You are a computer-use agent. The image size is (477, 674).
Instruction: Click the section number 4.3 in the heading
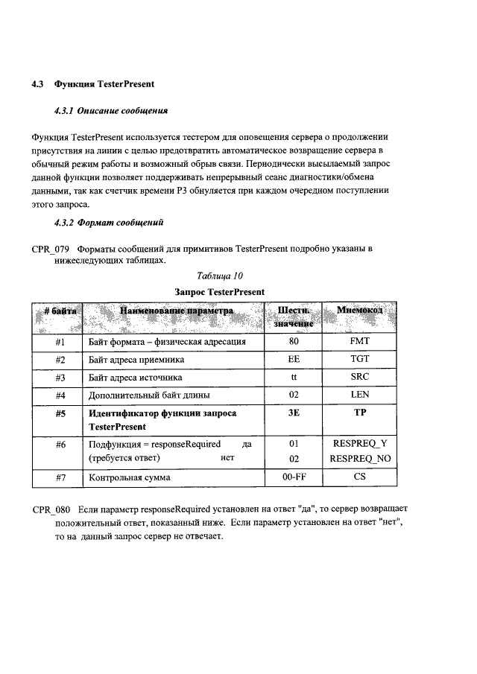point(38,83)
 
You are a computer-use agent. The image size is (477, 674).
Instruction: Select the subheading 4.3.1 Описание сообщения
point(111,110)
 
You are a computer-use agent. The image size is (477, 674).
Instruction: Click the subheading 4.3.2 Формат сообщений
point(109,222)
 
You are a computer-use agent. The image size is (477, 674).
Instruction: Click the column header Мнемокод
point(360,310)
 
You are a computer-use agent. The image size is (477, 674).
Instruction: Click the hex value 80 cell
point(294,342)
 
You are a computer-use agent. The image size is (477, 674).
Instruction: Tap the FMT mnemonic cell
point(360,342)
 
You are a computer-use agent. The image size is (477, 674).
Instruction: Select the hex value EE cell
point(294,360)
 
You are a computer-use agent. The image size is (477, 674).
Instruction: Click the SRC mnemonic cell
point(360,377)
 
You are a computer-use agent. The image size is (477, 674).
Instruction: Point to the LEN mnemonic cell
point(360,395)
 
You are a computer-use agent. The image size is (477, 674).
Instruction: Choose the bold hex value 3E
point(294,413)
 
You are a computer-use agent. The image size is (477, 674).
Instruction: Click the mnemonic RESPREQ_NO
point(360,459)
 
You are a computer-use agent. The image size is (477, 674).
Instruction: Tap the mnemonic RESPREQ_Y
point(360,444)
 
